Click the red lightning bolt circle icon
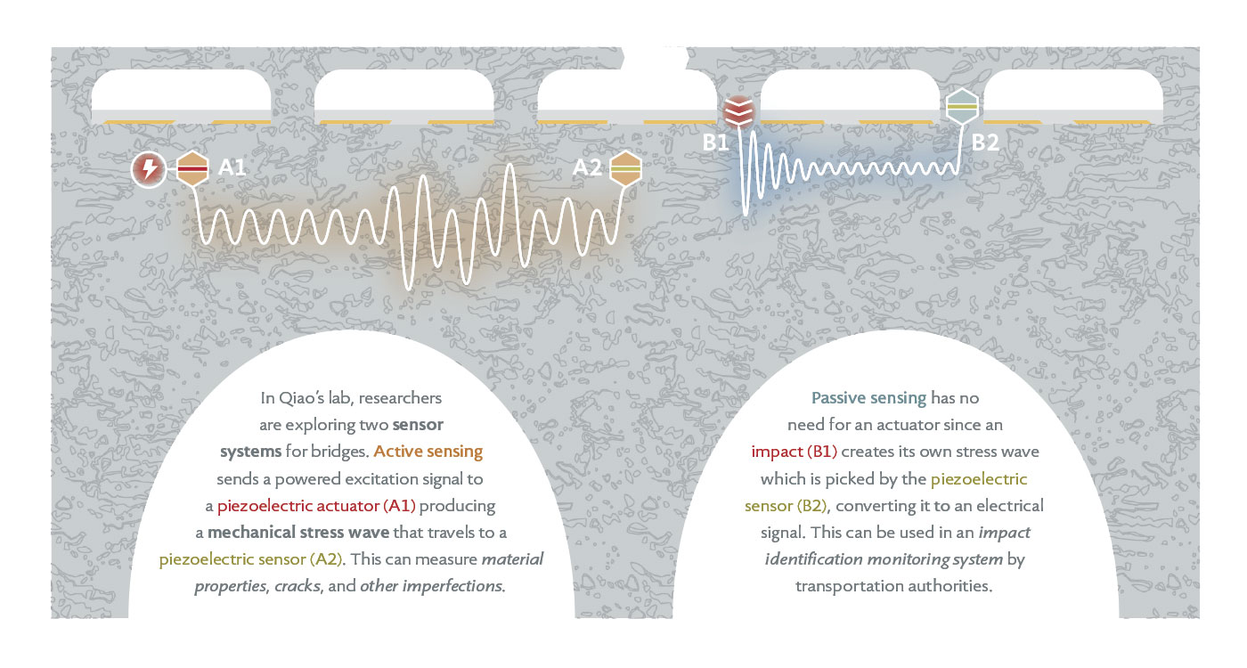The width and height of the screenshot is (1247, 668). [x=149, y=169]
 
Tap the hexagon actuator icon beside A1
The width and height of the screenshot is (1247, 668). [x=192, y=168]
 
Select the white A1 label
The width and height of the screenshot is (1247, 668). [x=232, y=167]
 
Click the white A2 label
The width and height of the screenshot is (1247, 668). [x=587, y=167]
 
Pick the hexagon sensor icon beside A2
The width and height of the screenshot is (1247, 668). [x=625, y=168]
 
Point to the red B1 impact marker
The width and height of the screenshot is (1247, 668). [x=738, y=112]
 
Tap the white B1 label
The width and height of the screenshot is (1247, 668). [x=715, y=143]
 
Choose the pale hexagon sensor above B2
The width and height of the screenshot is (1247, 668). [x=963, y=106]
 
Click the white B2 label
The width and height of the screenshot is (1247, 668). [x=985, y=143]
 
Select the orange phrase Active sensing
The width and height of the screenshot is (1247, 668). [x=428, y=451]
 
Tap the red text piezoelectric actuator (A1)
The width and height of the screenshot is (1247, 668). [x=316, y=506]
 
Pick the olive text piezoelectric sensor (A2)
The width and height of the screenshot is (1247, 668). [x=250, y=559]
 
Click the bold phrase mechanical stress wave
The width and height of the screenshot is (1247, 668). [x=298, y=533]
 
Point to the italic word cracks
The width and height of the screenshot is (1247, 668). [x=297, y=586]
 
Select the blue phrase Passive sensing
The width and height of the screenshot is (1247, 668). [x=869, y=398]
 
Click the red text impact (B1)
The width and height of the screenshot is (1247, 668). [x=795, y=452]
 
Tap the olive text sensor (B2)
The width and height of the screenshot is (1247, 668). [x=786, y=506]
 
